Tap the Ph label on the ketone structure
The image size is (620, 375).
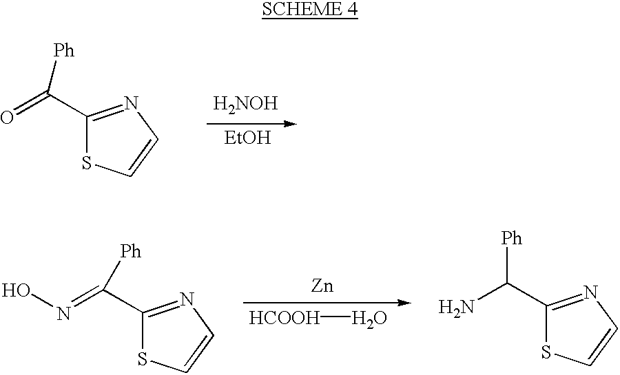click(x=63, y=52)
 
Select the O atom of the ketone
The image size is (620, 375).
click(x=6, y=118)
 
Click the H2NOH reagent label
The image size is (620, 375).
click(x=245, y=105)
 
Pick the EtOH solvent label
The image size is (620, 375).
click(x=247, y=138)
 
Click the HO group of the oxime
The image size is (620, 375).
click(x=17, y=290)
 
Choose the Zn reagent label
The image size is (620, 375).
click(x=322, y=286)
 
